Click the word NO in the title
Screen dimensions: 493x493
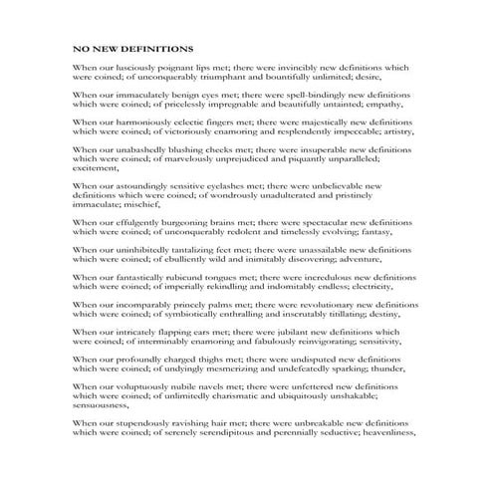click(x=81, y=47)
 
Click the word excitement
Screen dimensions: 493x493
click(x=97, y=168)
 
